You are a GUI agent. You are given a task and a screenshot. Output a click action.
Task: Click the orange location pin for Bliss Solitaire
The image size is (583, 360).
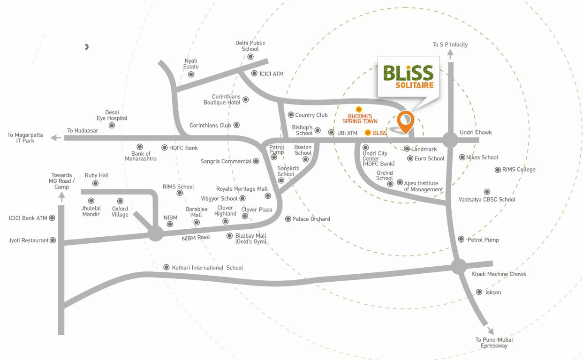(405, 121)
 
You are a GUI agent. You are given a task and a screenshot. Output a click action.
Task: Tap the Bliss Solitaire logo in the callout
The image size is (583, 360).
(408, 76)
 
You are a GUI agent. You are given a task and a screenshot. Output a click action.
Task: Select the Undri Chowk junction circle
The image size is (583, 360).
(450, 139)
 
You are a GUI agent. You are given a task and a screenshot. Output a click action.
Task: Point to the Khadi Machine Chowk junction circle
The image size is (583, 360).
(459, 266)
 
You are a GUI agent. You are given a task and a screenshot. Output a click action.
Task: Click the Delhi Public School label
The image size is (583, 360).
(250, 45)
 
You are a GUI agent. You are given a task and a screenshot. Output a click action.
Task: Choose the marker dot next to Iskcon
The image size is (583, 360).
(479, 292)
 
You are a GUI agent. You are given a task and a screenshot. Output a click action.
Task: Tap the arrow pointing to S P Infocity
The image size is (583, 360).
(450, 54)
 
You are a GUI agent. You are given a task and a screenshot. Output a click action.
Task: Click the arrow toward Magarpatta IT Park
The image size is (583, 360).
(55, 138)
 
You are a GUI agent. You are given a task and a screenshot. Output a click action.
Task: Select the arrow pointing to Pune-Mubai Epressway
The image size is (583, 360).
(490, 330)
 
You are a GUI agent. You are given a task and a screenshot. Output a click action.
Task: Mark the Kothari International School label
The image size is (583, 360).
(207, 268)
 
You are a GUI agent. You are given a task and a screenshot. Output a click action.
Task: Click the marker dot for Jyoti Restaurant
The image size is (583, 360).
(53, 240)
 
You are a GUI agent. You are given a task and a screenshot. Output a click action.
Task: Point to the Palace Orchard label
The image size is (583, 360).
(311, 219)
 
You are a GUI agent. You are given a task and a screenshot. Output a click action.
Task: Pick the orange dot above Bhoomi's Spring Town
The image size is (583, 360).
(359, 109)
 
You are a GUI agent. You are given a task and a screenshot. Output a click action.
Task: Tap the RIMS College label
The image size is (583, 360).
(519, 170)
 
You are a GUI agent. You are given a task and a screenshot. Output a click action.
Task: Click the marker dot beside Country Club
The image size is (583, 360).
(291, 115)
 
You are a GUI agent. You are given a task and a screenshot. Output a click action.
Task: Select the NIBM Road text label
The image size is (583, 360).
(196, 238)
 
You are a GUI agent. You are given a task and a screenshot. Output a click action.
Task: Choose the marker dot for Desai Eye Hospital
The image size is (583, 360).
(112, 125)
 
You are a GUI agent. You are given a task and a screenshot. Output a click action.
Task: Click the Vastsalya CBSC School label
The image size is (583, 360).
(487, 200)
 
